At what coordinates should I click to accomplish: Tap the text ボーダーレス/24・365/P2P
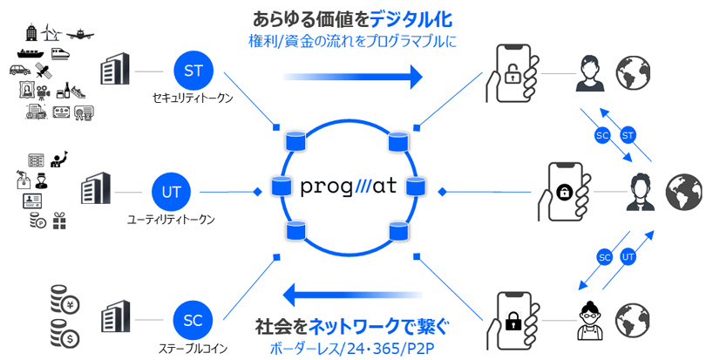pos(353,348)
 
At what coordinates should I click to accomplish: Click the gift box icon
pos(59,221)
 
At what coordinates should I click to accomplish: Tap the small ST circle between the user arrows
pos(628,136)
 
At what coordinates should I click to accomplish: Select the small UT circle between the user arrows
pos(628,257)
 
